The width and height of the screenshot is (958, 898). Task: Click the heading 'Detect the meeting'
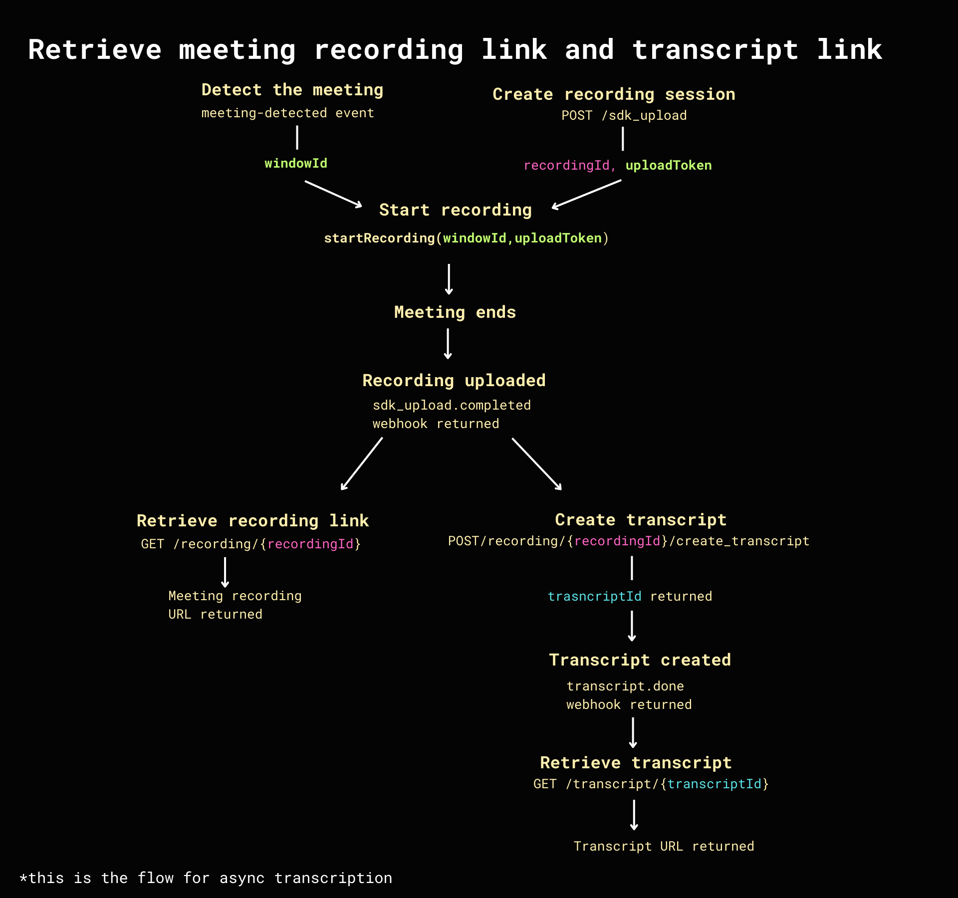pos(292,90)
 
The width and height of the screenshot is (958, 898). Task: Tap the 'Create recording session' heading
pos(614,94)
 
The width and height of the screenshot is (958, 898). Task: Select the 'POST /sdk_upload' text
pos(624,116)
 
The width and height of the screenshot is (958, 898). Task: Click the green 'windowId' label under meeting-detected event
pos(296,164)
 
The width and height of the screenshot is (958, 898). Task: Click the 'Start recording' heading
pos(455,210)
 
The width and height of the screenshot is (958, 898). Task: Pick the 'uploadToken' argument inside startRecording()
pos(558,238)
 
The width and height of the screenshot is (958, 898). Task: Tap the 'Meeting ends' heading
pos(455,312)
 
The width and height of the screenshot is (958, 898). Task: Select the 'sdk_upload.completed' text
pos(452,405)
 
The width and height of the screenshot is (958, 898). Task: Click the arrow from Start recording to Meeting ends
pos(449,279)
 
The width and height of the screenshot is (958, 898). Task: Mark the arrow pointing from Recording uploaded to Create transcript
pos(537,464)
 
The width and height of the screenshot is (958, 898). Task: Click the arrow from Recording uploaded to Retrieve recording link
pos(362,464)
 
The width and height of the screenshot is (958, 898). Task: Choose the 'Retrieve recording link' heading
pos(252,521)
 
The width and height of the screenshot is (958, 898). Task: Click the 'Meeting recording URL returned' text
pos(235,605)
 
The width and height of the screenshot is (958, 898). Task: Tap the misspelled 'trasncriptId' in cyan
pos(594,597)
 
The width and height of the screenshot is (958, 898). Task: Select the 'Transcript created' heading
pos(640,660)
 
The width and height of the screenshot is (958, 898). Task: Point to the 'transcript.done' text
pos(625,686)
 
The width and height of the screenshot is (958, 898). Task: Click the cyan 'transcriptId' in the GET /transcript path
pos(714,784)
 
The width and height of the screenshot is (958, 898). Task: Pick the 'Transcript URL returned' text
pos(664,847)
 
